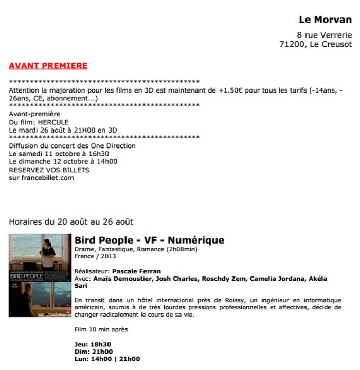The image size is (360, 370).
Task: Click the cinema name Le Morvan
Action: click(x=325, y=20)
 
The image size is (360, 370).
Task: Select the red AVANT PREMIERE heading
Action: click(x=48, y=66)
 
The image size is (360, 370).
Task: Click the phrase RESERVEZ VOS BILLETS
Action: click(x=49, y=170)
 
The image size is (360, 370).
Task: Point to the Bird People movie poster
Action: click(x=40, y=275)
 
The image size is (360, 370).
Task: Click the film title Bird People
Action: click(x=105, y=240)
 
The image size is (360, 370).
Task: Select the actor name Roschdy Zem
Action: click(x=223, y=279)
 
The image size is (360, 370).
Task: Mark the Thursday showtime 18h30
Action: click(x=101, y=344)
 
